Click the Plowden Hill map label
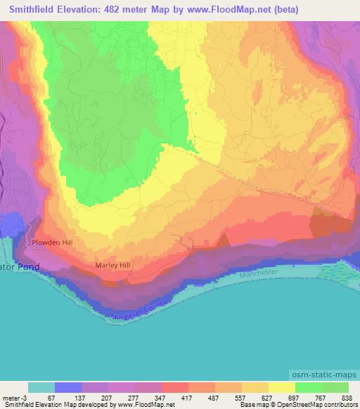click(x=51, y=242)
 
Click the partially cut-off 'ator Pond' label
click(x=20, y=268)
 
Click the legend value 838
click(x=348, y=397)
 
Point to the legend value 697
click(x=295, y=397)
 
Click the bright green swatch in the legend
click(x=308, y=388)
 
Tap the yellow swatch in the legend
click(x=281, y=388)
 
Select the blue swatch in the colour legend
click(x=68, y=388)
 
